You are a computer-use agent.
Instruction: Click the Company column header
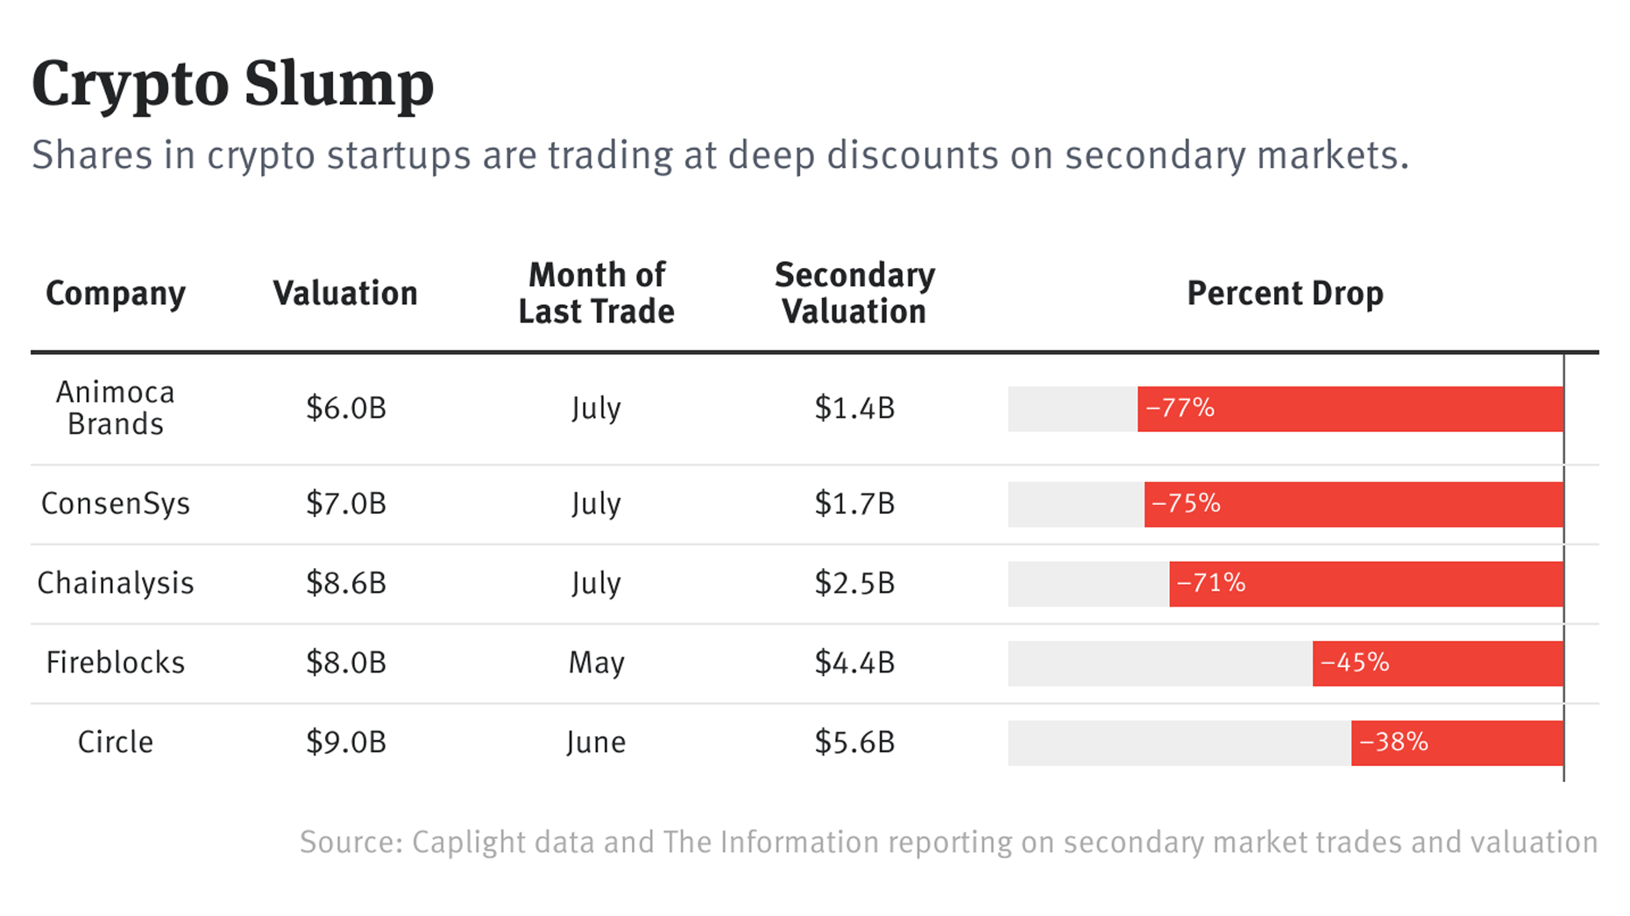[x=116, y=294]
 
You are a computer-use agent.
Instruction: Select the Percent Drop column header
[x=1285, y=294]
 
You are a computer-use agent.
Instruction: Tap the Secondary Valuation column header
[x=854, y=294]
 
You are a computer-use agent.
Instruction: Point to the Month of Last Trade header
[x=596, y=294]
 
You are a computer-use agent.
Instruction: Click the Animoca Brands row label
[x=116, y=408]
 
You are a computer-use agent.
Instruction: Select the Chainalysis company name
[x=116, y=584]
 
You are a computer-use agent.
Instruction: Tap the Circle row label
[x=116, y=742]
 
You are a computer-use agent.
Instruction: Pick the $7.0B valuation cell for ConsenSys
[x=346, y=504]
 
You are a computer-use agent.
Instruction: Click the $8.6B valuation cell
[x=346, y=584]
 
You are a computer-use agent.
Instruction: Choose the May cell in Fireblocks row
[x=596, y=663]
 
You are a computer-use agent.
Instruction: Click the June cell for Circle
[x=596, y=742]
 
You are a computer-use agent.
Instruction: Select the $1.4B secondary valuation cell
[x=854, y=408]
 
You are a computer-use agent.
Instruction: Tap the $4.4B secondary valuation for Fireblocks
[x=854, y=663]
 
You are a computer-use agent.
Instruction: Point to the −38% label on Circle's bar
[x=1393, y=742]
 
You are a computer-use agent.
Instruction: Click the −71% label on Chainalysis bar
[x=1210, y=584]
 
